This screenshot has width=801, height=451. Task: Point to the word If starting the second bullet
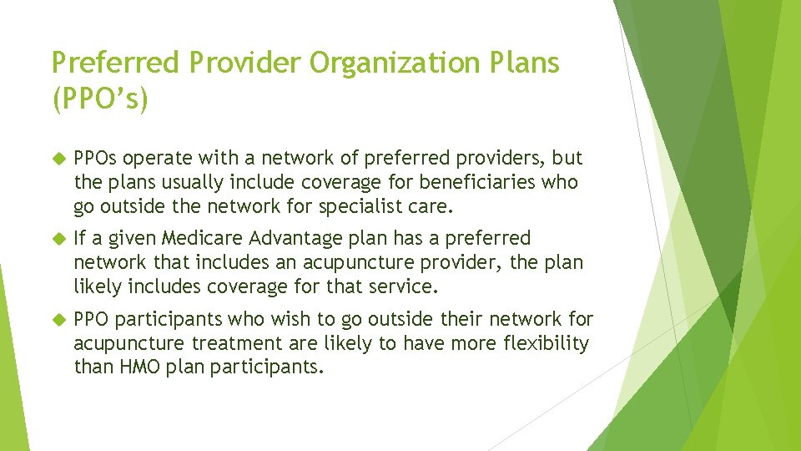click(80, 239)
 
